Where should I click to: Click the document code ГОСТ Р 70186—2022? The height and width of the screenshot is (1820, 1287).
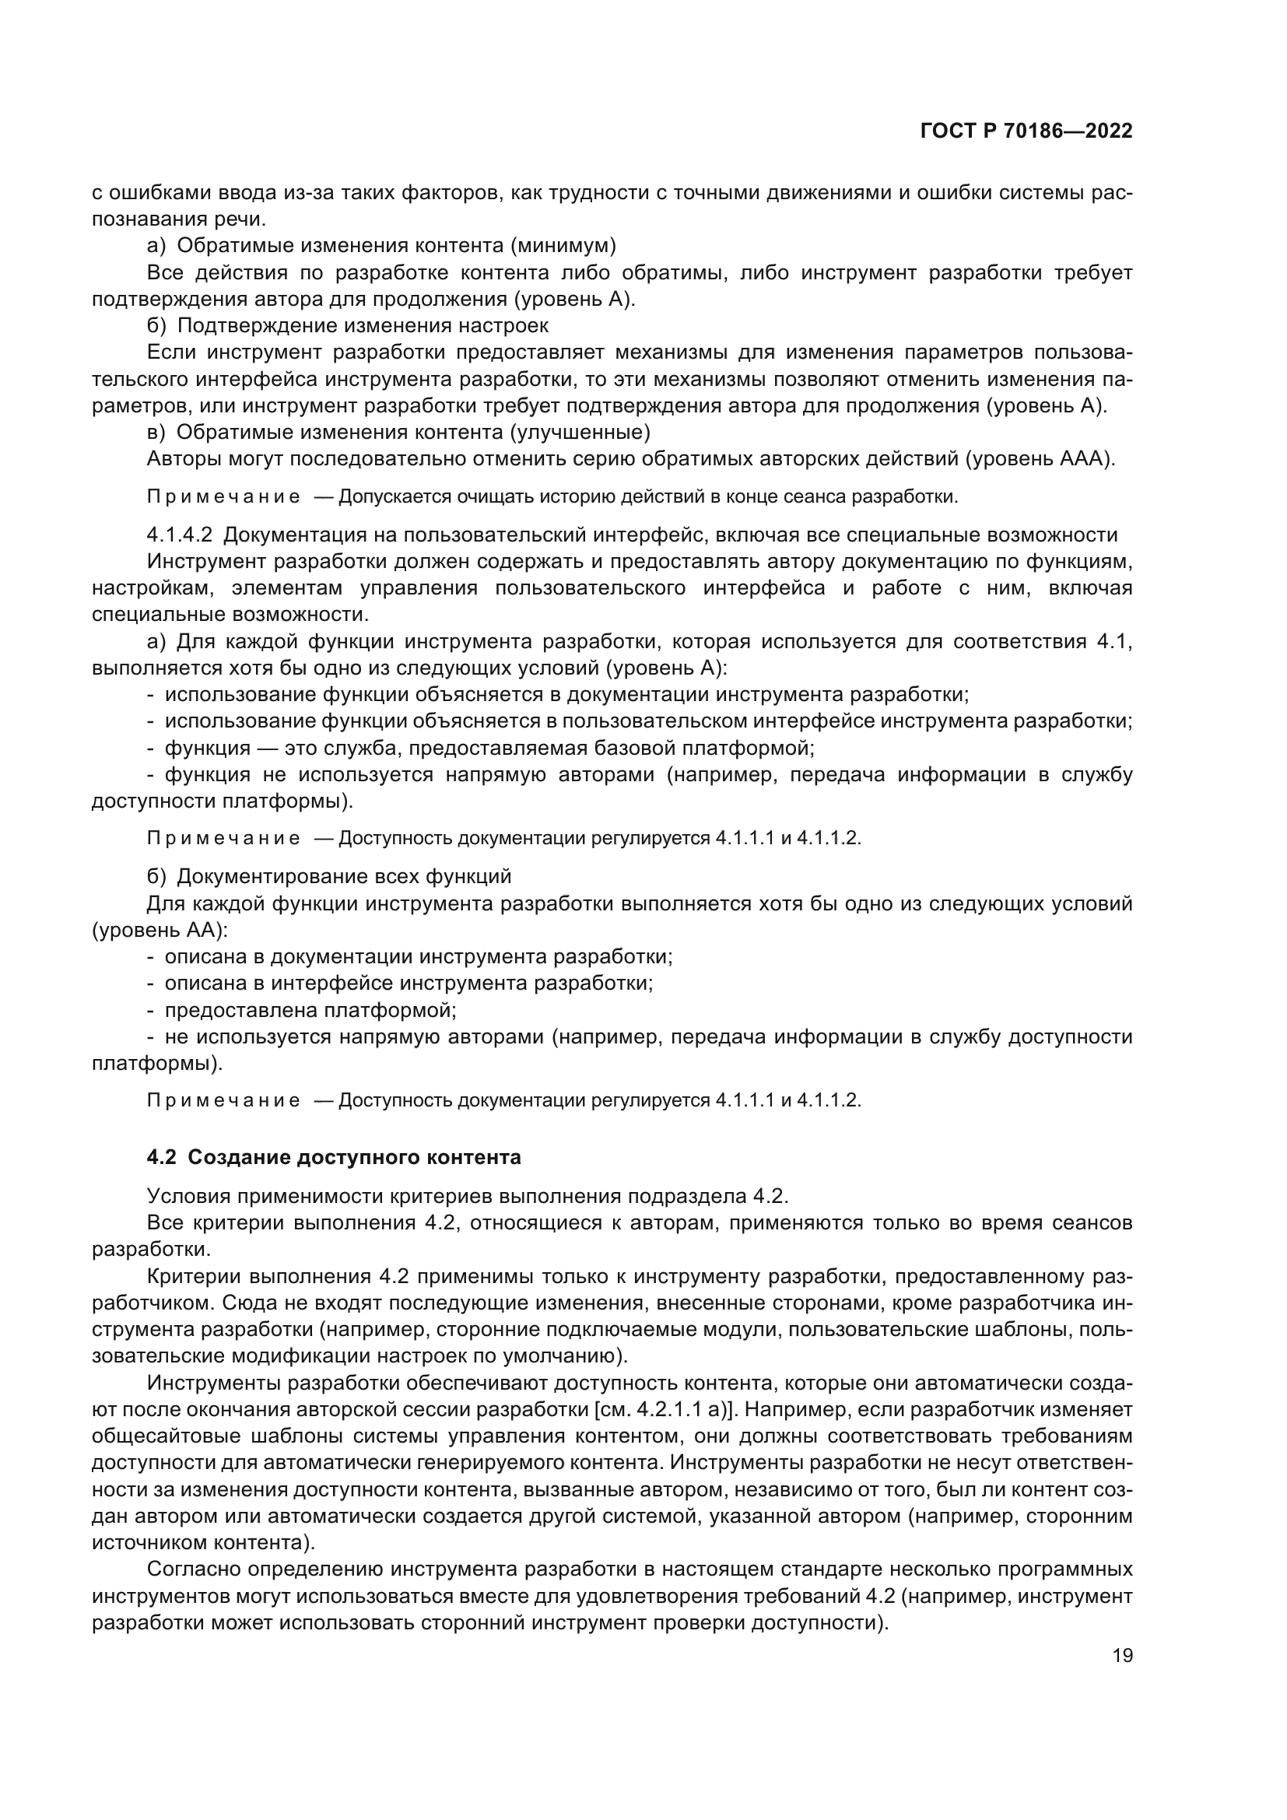click(1026, 132)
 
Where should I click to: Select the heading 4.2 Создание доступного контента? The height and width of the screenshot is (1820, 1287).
click(334, 1157)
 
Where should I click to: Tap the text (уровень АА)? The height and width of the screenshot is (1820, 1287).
click(160, 931)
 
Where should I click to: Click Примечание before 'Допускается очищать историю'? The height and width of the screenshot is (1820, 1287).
click(223, 497)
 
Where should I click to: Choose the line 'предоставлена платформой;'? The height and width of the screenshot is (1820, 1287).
click(310, 1011)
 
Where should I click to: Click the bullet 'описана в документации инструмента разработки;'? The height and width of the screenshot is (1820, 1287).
click(418, 957)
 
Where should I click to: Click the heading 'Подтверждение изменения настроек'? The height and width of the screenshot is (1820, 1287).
click(363, 326)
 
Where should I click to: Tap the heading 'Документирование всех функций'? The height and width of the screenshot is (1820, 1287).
click(344, 877)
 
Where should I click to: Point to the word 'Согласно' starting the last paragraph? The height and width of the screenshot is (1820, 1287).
click(195, 1569)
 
